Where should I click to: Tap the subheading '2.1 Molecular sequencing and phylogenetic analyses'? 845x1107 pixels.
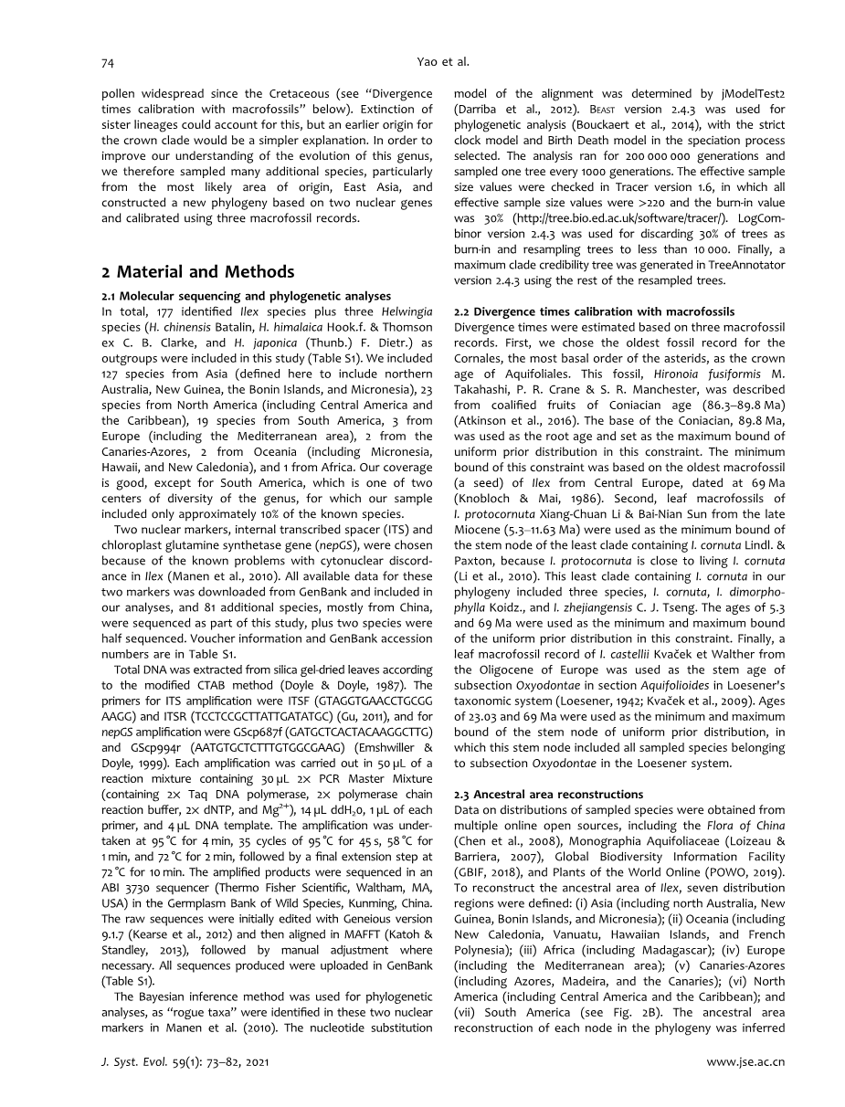246,295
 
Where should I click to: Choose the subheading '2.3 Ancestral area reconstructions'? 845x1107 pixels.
548,794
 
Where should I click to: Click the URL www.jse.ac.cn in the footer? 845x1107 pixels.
747,1062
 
